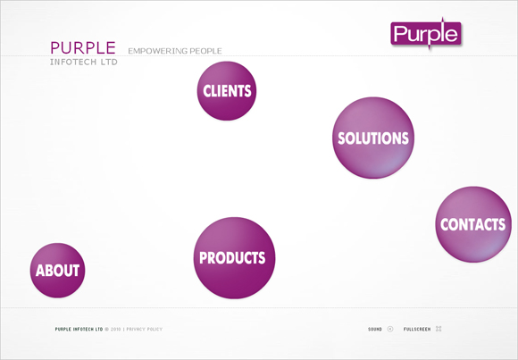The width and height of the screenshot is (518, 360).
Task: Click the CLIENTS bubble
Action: pyautogui.click(x=227, y=91)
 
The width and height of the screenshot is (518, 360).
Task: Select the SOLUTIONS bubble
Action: pyautogui.click(x=373, y=138)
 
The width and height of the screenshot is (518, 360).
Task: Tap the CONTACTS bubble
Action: pyautogui.click(x=473, y=224)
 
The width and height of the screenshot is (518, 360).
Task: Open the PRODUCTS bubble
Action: pyautogui.click(x=234, y=258)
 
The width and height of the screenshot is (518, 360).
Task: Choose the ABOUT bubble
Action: pyautogui.click(x=57, y=271)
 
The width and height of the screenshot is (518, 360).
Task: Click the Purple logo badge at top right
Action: pyautogui.click(x=426, y=33)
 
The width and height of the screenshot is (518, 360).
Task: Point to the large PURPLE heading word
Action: pyautogui.click(x=83, y=47)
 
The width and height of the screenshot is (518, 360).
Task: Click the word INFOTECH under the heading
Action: pyautogui.click(x=73, y=63)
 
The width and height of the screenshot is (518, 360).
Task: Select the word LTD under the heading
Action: pyautogui.click(x=109, y=63)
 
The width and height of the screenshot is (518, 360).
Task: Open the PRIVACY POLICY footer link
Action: pyautogui.click(x=145, y=330)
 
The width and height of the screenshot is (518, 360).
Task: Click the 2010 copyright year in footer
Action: pyautogui.click(x=115, y=330)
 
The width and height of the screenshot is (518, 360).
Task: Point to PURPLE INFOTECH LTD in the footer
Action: pyautogui.click(x=79, y=330)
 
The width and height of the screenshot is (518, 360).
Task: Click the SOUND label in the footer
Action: pyautogui.click(x=375, y=330)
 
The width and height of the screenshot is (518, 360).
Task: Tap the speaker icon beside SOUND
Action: pyautogui.click(x=390, y=329)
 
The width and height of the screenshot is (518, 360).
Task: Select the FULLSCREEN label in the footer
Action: pyautogui.click(x=417, y=330)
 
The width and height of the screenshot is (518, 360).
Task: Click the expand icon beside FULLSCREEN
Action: pyautogui.click(x=439, y=329)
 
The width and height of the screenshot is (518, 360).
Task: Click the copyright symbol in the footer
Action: pyautogui.click(x=106, y=330)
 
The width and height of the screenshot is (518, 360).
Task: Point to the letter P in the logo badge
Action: pyautogui.click(x=400, y=34)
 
